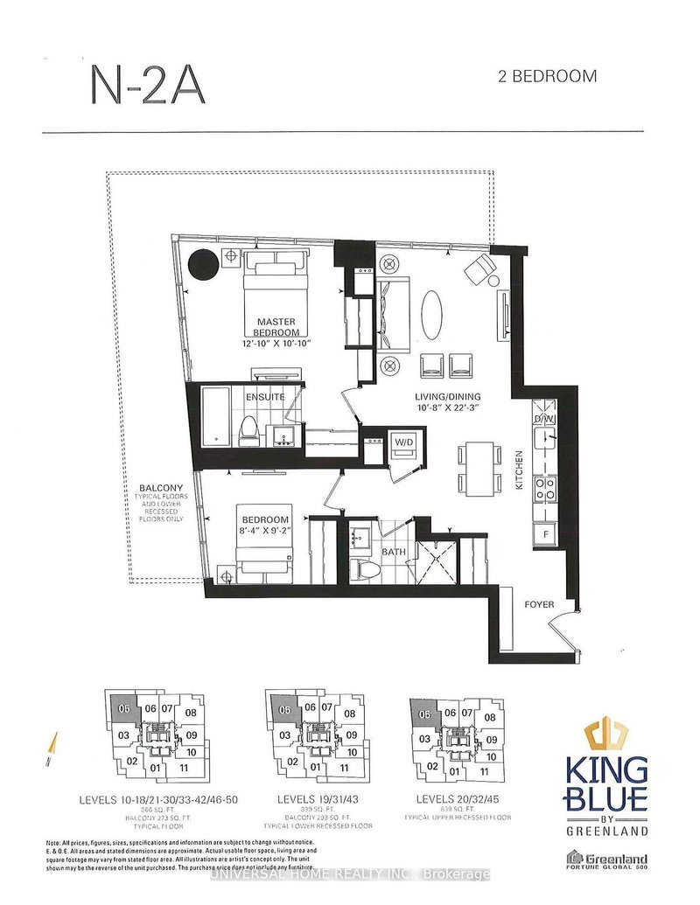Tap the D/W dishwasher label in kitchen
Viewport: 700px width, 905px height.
544,419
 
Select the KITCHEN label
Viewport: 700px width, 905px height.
519,470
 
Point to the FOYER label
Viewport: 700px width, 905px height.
539,603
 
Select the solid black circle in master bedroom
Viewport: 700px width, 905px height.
205,262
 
